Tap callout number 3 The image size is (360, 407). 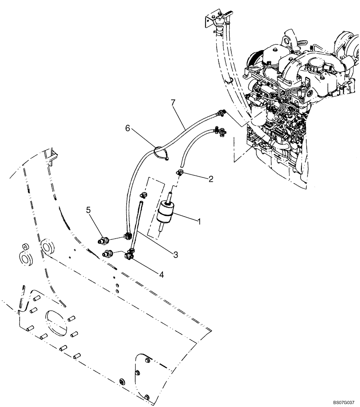[176, 255]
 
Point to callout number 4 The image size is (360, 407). [161, 275]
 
